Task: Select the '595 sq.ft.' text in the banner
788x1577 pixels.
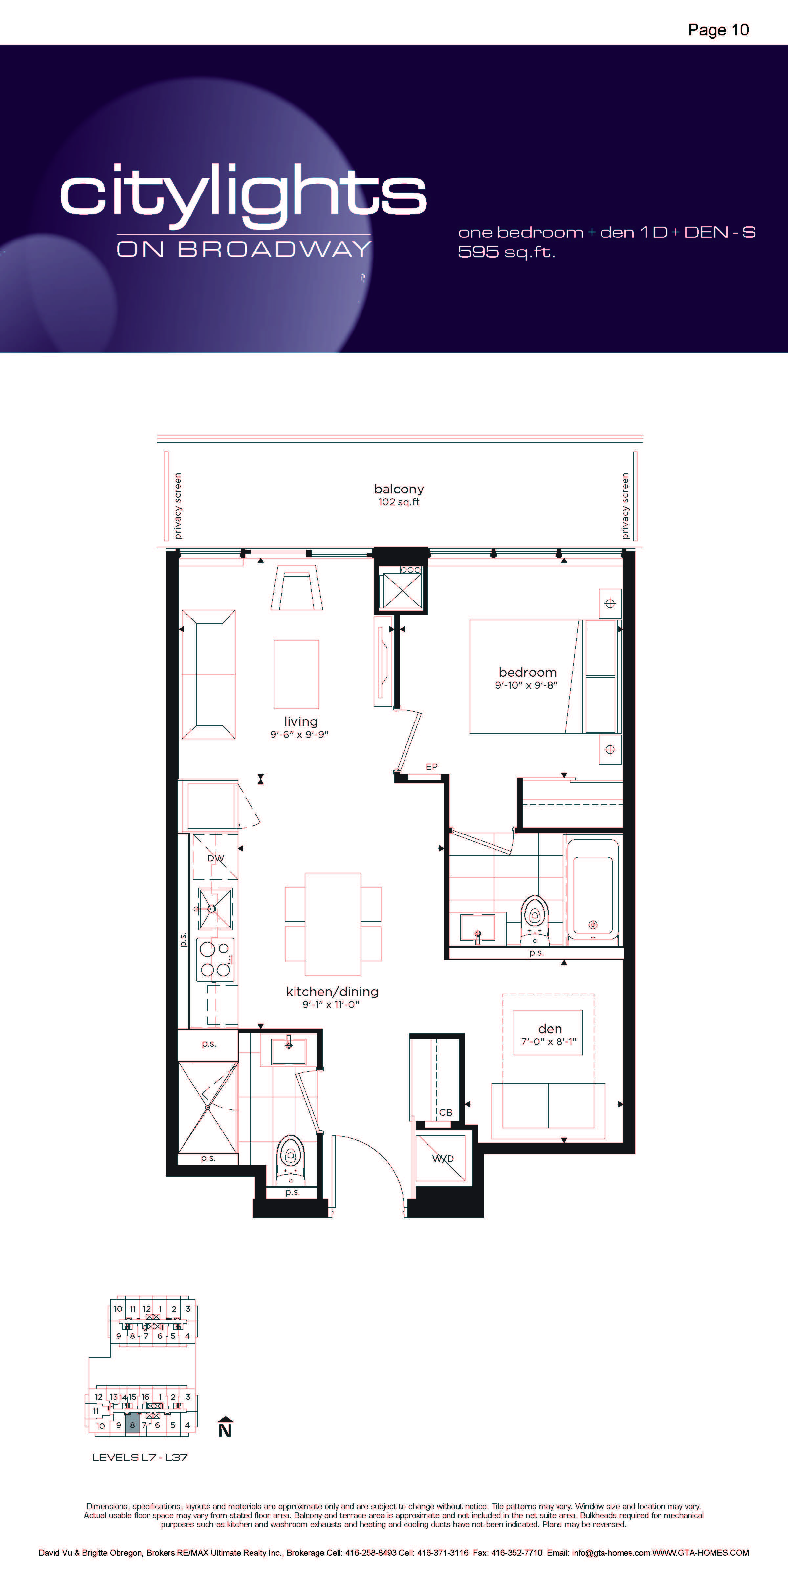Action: coord(507,252)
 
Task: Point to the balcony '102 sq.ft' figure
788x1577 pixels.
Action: coord(399,502)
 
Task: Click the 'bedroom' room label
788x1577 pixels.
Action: coord(527,672)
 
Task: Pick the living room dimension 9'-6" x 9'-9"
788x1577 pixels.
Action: coord(300,734)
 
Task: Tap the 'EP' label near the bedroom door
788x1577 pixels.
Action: coord(431,766)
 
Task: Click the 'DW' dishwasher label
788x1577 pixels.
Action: coord(215,858)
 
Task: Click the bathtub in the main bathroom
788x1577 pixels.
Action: coord(592,889)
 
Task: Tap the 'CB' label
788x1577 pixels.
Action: coord(446,1112)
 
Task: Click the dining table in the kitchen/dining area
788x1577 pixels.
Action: coord(333,924)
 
